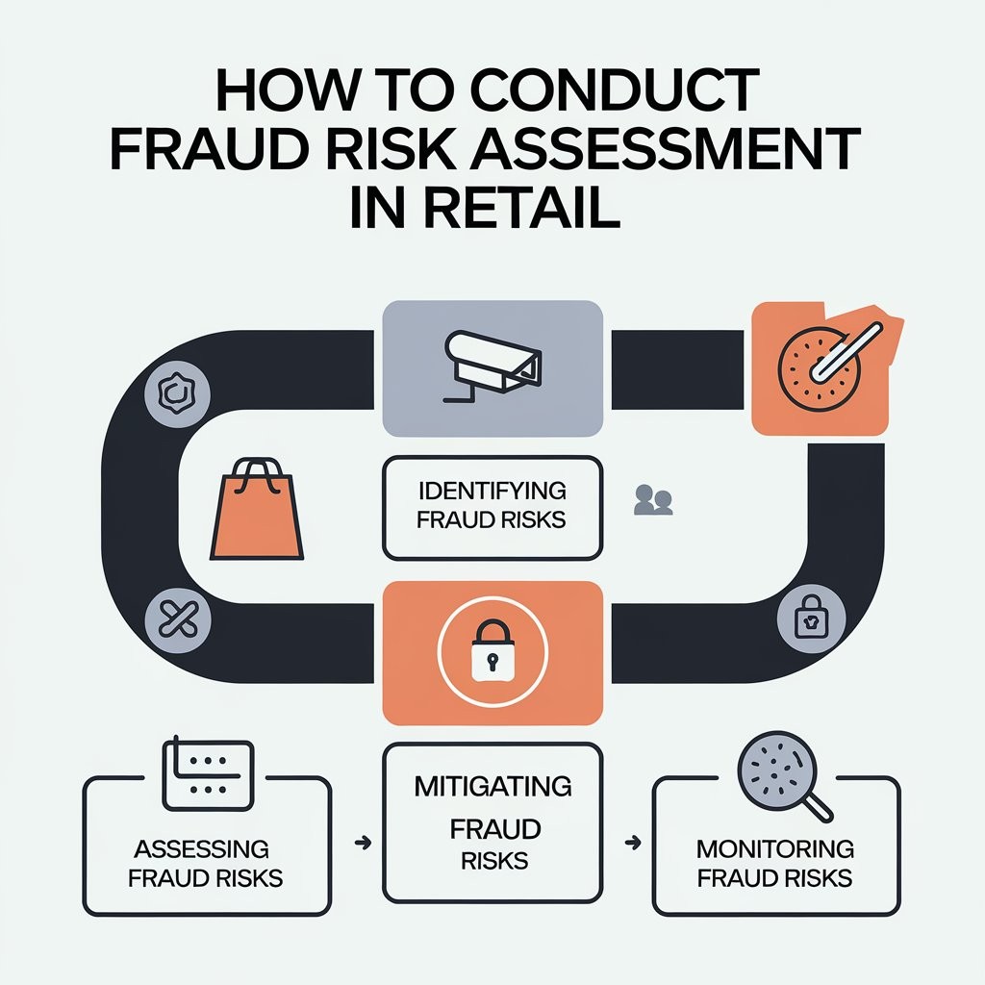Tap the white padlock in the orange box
(492, 654)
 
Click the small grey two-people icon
(654, 500)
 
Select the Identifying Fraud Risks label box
(492, 507)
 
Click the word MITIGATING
(492, 786)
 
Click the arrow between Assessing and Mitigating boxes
(362, 843)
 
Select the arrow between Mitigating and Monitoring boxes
(632, 843)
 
